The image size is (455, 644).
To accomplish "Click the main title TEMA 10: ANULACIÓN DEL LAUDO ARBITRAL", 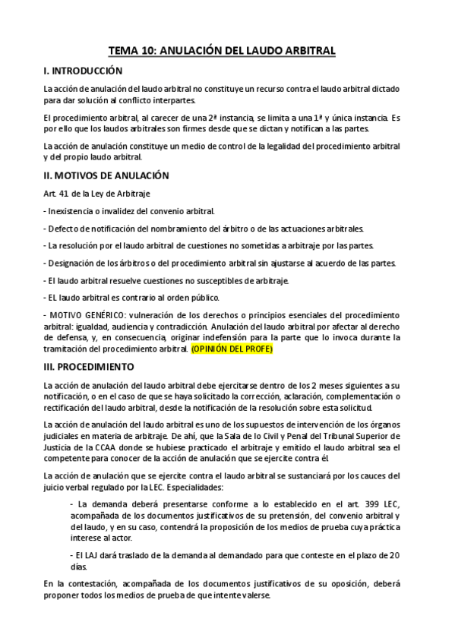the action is coord(222,51).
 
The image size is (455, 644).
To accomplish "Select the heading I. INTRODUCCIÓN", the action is coord(84,71).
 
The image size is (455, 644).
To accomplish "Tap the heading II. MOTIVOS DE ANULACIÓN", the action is coord(106,175).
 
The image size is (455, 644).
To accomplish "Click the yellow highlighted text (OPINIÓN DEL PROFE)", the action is coord(232,349).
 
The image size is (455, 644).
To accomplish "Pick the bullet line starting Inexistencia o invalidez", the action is coord(130,210).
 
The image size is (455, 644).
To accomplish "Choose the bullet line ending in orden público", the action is coord(133,297).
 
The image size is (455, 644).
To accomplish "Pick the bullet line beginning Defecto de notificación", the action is coord(205,228).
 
